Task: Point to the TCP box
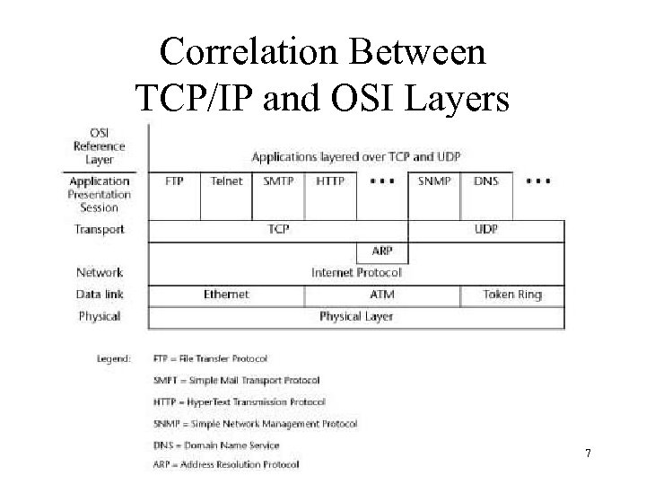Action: point(278,229)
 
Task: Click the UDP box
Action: point(486,229)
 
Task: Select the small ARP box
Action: point(382,251)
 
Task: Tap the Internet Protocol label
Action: point(356,272)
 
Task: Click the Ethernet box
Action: point(226,295)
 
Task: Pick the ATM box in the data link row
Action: point(382,295)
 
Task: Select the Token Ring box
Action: point(512,295)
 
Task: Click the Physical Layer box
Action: point(356,316)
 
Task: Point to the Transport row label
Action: point(100,229)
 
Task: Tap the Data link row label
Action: point(100,295)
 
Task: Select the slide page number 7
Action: point(588,454)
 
